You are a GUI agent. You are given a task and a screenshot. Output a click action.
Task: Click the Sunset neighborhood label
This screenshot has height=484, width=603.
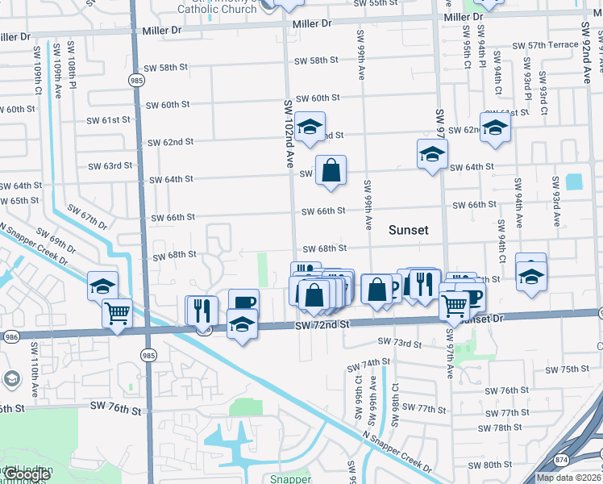click(408, 230)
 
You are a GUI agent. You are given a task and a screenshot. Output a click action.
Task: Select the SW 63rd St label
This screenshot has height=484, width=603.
click(110, 166)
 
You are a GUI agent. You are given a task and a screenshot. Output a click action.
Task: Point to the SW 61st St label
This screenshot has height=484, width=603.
click(110, 120)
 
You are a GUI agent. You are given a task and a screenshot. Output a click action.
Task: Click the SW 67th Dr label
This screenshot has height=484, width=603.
click(88, 215)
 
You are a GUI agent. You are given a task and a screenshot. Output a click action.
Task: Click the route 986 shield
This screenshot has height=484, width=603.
click(10, 336)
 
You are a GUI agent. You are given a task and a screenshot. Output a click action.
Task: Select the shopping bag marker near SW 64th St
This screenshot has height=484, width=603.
click(331, 171)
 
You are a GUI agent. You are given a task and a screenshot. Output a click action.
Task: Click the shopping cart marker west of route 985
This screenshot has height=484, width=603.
click(118, 311)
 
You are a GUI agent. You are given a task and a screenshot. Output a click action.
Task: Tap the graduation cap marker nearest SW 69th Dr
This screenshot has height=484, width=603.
click(103, 285)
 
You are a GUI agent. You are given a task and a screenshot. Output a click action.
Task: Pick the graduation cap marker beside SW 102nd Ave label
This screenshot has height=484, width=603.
click(310, 127)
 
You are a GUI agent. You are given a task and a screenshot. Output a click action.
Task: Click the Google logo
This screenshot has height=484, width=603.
click(27, 474)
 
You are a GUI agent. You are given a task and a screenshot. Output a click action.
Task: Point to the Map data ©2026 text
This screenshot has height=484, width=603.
click(568, 478)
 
